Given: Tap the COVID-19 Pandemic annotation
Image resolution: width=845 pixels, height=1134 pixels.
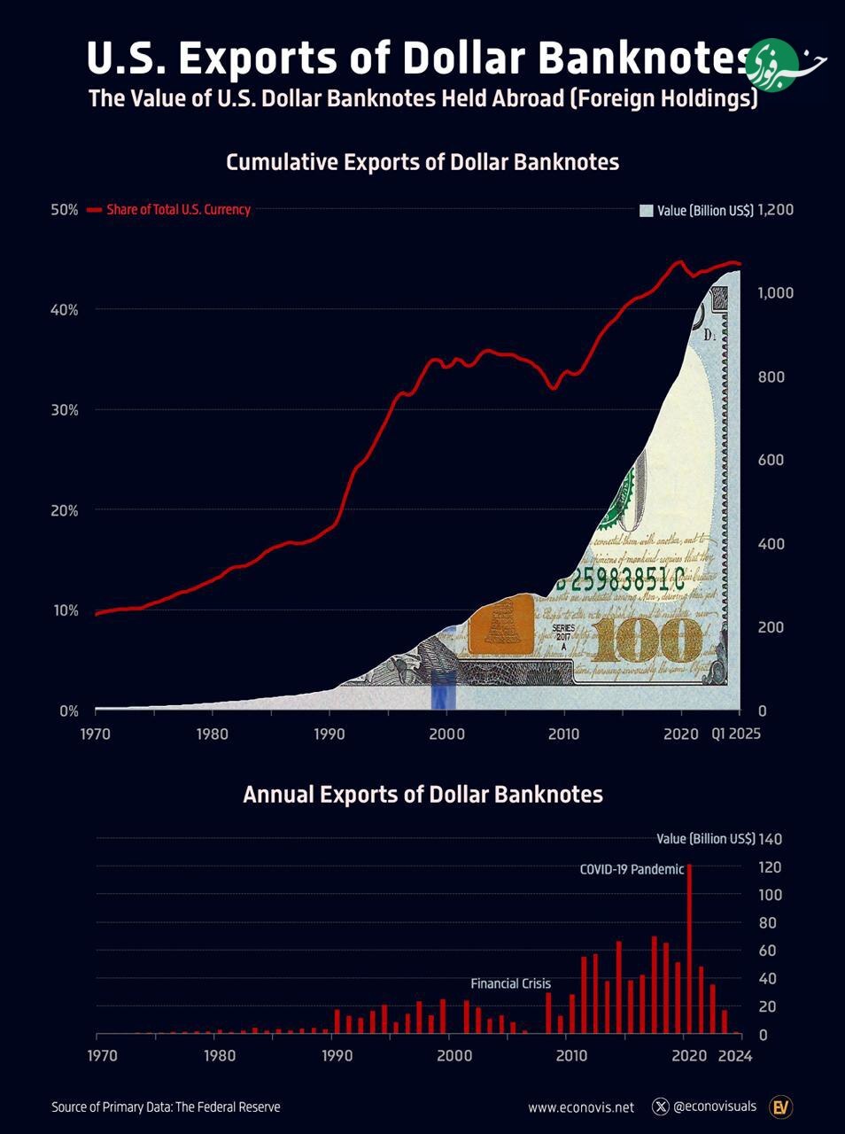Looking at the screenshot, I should pyautogui.click(x=632, y=869).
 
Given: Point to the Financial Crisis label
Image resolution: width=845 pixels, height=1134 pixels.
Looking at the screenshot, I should pyautogui.click(x=510, y=983).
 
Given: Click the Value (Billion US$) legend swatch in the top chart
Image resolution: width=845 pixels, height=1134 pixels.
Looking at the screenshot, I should pyautogui.click(x=646, y=210).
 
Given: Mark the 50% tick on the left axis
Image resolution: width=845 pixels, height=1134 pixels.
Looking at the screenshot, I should pyautogui.click(x=65, y=210).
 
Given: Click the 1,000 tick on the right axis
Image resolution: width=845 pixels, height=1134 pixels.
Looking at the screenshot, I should pyautogui.click(x=776, y=293).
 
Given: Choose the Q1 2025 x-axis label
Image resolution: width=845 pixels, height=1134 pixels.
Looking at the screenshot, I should pyautogui.click(x=736, y=734).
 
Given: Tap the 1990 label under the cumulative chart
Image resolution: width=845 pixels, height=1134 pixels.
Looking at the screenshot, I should pyautogui.click(x=329, y=734).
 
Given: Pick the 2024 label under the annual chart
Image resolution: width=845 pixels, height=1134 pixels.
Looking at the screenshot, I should pyautogui.click(x=734, y=1055).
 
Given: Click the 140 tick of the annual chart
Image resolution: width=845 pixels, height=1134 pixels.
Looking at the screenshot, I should pyautogui.click(x=771, y=839).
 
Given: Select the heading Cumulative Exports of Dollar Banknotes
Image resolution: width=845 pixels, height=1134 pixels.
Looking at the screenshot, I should pyautogui.click(x=422, y=162).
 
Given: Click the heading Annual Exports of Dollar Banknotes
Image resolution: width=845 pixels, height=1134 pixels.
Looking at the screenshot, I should pyautogui.click(x=422, y=794).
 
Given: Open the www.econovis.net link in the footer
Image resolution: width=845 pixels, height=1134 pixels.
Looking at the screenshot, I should pyautogui.click(x=581, y=1107).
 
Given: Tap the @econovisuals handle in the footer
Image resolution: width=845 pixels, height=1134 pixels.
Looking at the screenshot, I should pyautogui.click(x=715, y=1106).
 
